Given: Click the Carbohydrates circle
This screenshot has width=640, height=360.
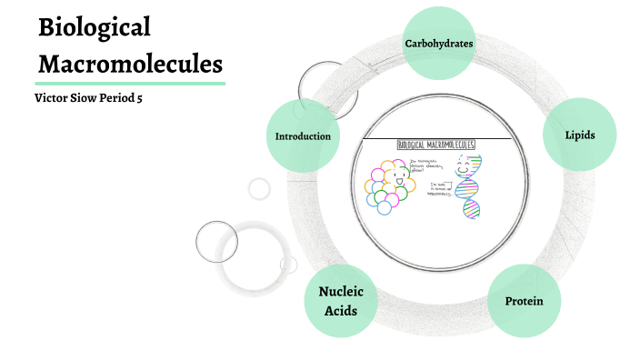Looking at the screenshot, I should [438, 43].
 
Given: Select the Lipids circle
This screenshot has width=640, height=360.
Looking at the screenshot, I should [579, 135].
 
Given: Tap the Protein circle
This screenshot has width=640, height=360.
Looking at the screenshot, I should [523, 300].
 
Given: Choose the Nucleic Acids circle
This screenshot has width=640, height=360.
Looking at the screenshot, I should [341, 301].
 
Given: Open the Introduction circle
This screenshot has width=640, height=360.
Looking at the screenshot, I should [302, 136].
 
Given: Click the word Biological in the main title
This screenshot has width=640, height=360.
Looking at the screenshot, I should [94, 27].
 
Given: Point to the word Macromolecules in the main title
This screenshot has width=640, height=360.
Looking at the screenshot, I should [130, 65].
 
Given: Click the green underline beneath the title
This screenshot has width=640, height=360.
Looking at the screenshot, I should [130, 83].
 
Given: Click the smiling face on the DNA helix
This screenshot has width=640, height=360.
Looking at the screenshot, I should [465, 167].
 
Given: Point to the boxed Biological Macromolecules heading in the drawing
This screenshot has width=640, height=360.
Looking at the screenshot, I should [435, 145].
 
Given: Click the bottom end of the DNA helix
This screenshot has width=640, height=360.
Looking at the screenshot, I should [472, 216].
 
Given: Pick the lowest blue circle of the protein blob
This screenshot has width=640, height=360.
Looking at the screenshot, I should [384, 207].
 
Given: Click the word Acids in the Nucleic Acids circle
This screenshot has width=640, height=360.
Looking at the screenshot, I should [341, 310].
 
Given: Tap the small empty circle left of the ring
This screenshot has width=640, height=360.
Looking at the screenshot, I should [259, 189].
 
